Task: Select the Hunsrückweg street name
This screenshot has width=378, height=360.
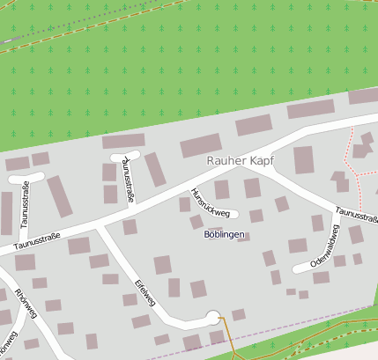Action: (210, 202)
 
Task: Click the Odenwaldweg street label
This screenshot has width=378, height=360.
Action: (323, 245)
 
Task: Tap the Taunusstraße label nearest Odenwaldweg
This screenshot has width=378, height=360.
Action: (356, 214)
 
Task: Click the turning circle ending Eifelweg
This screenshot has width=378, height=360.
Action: (212, 317)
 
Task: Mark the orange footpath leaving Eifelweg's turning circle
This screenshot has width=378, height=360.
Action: (225, 339)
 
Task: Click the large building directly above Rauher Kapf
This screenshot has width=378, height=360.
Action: (201, 145)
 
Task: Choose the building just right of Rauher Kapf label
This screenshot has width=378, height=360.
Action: (304, 160)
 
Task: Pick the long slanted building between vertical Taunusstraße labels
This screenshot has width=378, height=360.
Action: (59, 195)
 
